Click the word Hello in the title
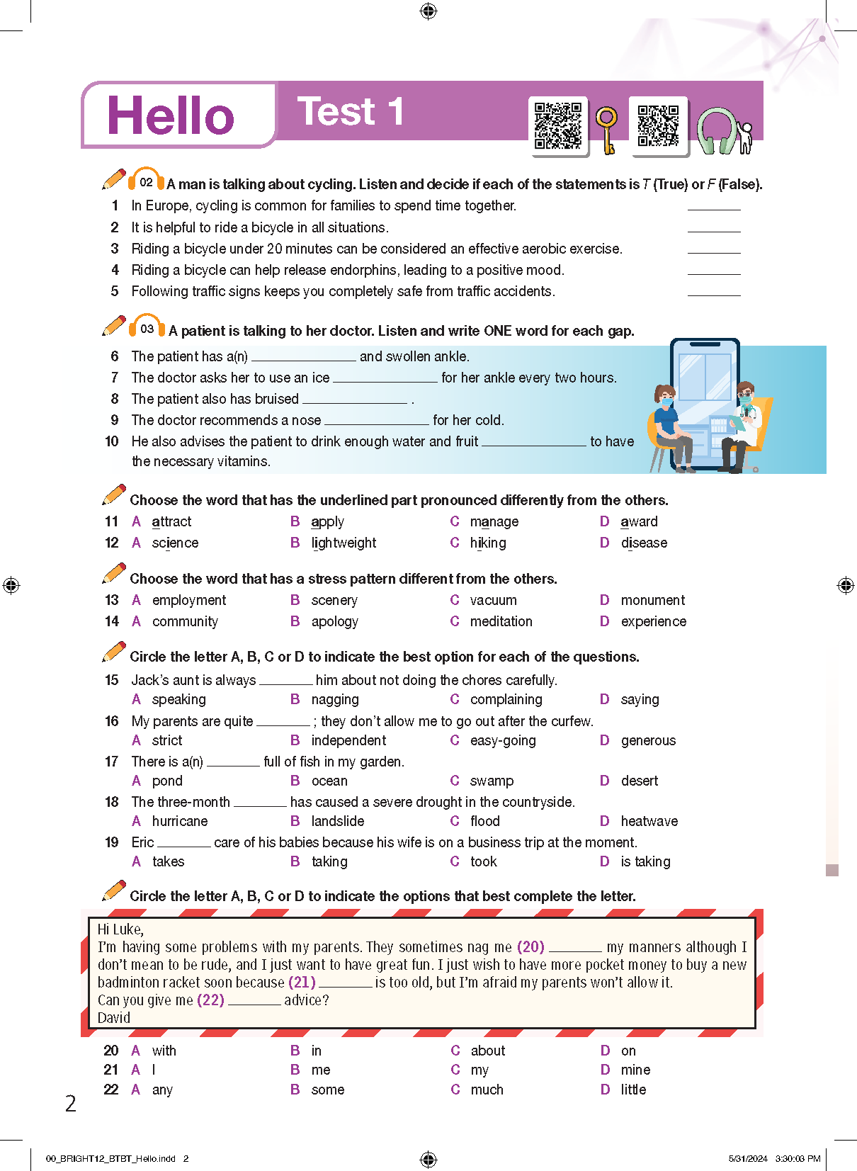171,116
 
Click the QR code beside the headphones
658,125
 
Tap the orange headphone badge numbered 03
147,328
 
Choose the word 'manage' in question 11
494,522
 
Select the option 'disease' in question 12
644,543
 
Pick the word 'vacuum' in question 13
493,601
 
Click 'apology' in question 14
334,622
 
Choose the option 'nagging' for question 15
334,700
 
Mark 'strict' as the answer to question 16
166,741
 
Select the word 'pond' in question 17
167,781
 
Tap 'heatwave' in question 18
649,822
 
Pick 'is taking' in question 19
645,862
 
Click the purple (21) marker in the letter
302,983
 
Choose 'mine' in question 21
635,1070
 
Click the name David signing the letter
114,1018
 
